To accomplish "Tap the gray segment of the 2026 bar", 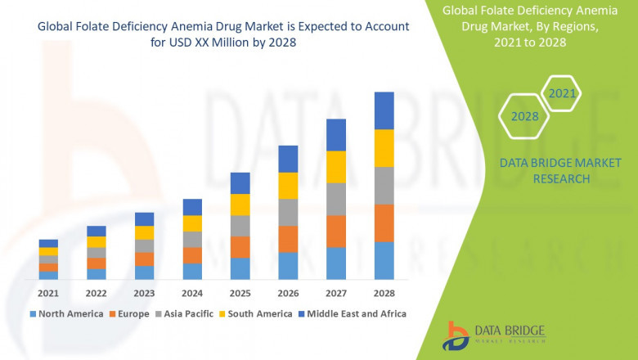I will (x=287, y=212).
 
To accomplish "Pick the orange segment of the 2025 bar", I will (x=240, y=247).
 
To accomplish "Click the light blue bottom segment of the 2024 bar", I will (x=192, y=271).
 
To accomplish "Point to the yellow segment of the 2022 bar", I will (x=97, y=241).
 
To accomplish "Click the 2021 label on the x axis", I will (x=48, y=293).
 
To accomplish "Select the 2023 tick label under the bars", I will (x=144, y=293).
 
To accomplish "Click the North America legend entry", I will (x=66, y=313).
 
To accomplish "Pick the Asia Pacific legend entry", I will (x=185, y=313).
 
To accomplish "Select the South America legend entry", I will (x=255, y=313).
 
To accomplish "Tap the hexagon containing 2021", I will (x=562, y=94).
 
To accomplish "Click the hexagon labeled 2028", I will (x=524, y=116).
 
